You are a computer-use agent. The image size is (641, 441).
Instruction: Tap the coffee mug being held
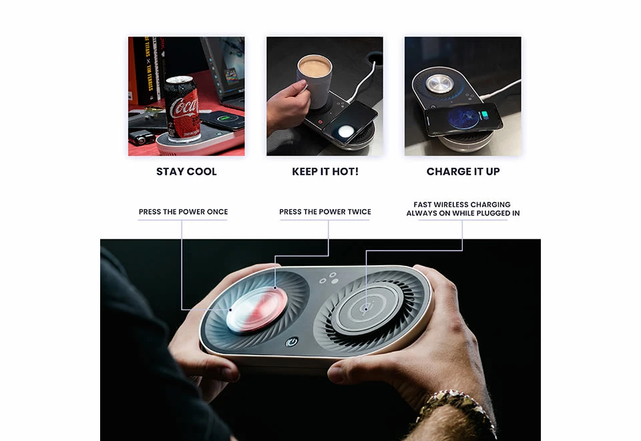pyautogui.click(x=314, y=82)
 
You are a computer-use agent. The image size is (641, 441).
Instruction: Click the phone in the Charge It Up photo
pyautogui.click(x=463, y=119)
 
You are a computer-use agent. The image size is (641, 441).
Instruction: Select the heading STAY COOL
pyautogui.click(x=186, y=172)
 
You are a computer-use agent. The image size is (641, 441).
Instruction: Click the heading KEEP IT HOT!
pyautogui.click(x=325, y=172)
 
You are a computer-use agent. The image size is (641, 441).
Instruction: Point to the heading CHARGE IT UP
pyautogui.click(x=463, y=172)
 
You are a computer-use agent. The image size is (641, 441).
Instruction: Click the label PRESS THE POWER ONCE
pyautogui.click(x=183, y=212)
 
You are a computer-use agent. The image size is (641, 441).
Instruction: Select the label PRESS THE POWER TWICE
pyautogui.click(x=325, y=212)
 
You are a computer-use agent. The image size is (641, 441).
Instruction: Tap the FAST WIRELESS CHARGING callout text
pyautogui.click(x=463, y=208)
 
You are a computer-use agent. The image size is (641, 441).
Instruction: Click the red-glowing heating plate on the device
pyautogui.click(x=256, y=309)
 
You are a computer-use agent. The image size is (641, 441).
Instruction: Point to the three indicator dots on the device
pyautogui.click(x=329, y=279)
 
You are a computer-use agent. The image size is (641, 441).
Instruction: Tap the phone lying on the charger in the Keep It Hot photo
pyautogui.click(x=351, y=122)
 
